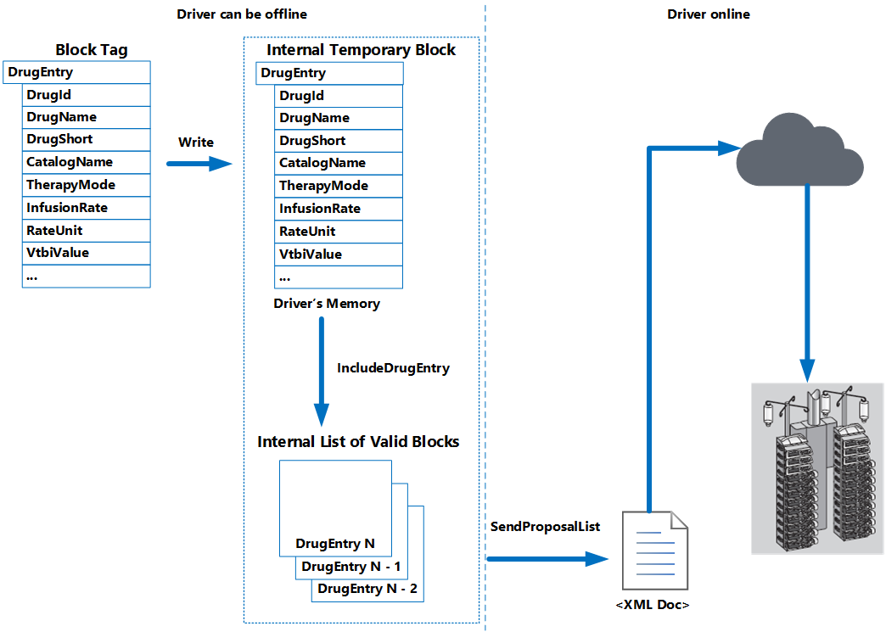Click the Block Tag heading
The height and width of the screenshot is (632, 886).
[92, 50]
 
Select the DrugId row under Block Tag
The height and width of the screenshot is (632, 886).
[86, 95]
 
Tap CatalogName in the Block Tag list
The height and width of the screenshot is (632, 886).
[86, 162]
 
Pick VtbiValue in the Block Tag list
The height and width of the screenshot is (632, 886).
[86, 253]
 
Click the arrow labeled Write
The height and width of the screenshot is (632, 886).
[199, 163]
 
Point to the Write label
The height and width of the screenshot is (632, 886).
[195, 142]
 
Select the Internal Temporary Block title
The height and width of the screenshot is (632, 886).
[361, 50]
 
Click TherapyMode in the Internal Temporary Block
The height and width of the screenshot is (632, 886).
[339, 186]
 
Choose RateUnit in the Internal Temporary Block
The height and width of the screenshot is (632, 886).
[339, 232]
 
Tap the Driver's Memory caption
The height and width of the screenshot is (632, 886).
[327, 303]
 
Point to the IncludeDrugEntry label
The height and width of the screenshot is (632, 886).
[393, 368]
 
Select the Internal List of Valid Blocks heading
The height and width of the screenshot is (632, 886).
[358, 442]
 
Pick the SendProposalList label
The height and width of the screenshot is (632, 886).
[545, 527]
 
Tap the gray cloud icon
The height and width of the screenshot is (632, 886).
[799, 150]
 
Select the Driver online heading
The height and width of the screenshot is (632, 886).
[709, 14]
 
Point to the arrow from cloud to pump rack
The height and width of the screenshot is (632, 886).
[806, 280]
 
